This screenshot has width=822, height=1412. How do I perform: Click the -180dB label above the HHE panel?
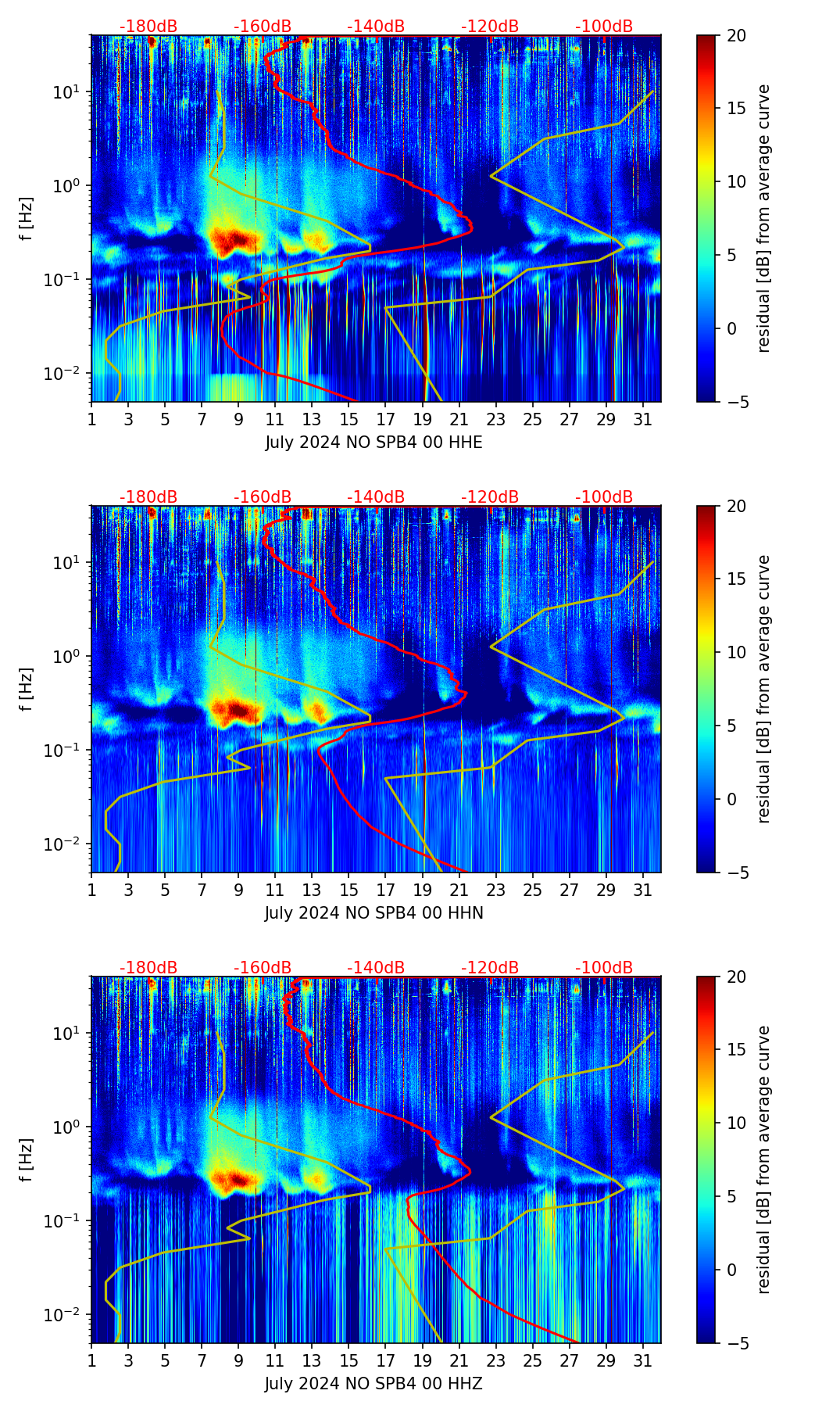(148, 27)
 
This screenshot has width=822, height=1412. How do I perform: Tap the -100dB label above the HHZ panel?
(604, 968)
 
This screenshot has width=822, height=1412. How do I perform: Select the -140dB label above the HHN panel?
(376, 497)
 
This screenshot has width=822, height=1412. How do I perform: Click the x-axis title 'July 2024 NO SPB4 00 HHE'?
(373, 443)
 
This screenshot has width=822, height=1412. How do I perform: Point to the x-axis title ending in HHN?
(373, 913)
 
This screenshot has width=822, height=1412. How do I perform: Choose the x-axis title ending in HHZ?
(373, 1384)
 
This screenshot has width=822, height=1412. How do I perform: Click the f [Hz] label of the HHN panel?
(27, 689)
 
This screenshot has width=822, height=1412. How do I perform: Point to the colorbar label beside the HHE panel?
(764, 218)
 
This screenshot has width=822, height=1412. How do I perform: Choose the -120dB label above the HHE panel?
(490, 27)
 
